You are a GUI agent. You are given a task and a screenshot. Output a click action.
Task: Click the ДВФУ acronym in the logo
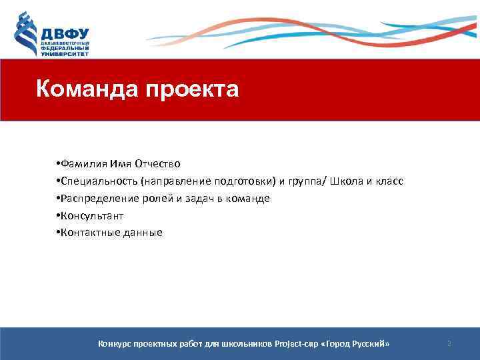65,33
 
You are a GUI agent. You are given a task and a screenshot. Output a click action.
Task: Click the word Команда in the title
83,88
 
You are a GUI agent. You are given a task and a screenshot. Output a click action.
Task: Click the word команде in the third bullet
249,199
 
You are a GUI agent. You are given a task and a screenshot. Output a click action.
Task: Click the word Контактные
89,233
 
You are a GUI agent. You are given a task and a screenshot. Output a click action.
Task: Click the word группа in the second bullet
301,181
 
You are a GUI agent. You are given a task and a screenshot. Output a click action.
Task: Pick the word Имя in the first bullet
121,164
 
